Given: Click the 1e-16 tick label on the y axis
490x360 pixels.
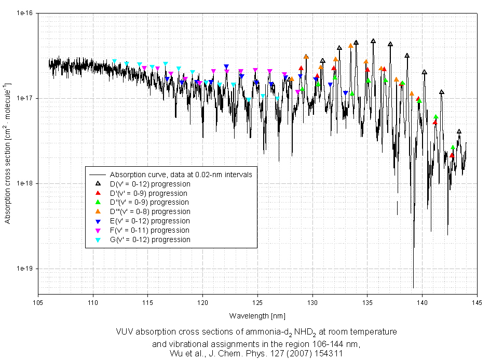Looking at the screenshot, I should coord(24,13).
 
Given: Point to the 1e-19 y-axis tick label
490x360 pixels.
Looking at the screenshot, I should coord(24,269).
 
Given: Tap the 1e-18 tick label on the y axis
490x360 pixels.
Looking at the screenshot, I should coord(24,183).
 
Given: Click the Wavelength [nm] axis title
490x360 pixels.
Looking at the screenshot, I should coord(257,316).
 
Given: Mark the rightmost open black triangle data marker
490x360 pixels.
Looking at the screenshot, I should coord(459,131).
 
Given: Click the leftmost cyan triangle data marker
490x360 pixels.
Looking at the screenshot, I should coord(115,61).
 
